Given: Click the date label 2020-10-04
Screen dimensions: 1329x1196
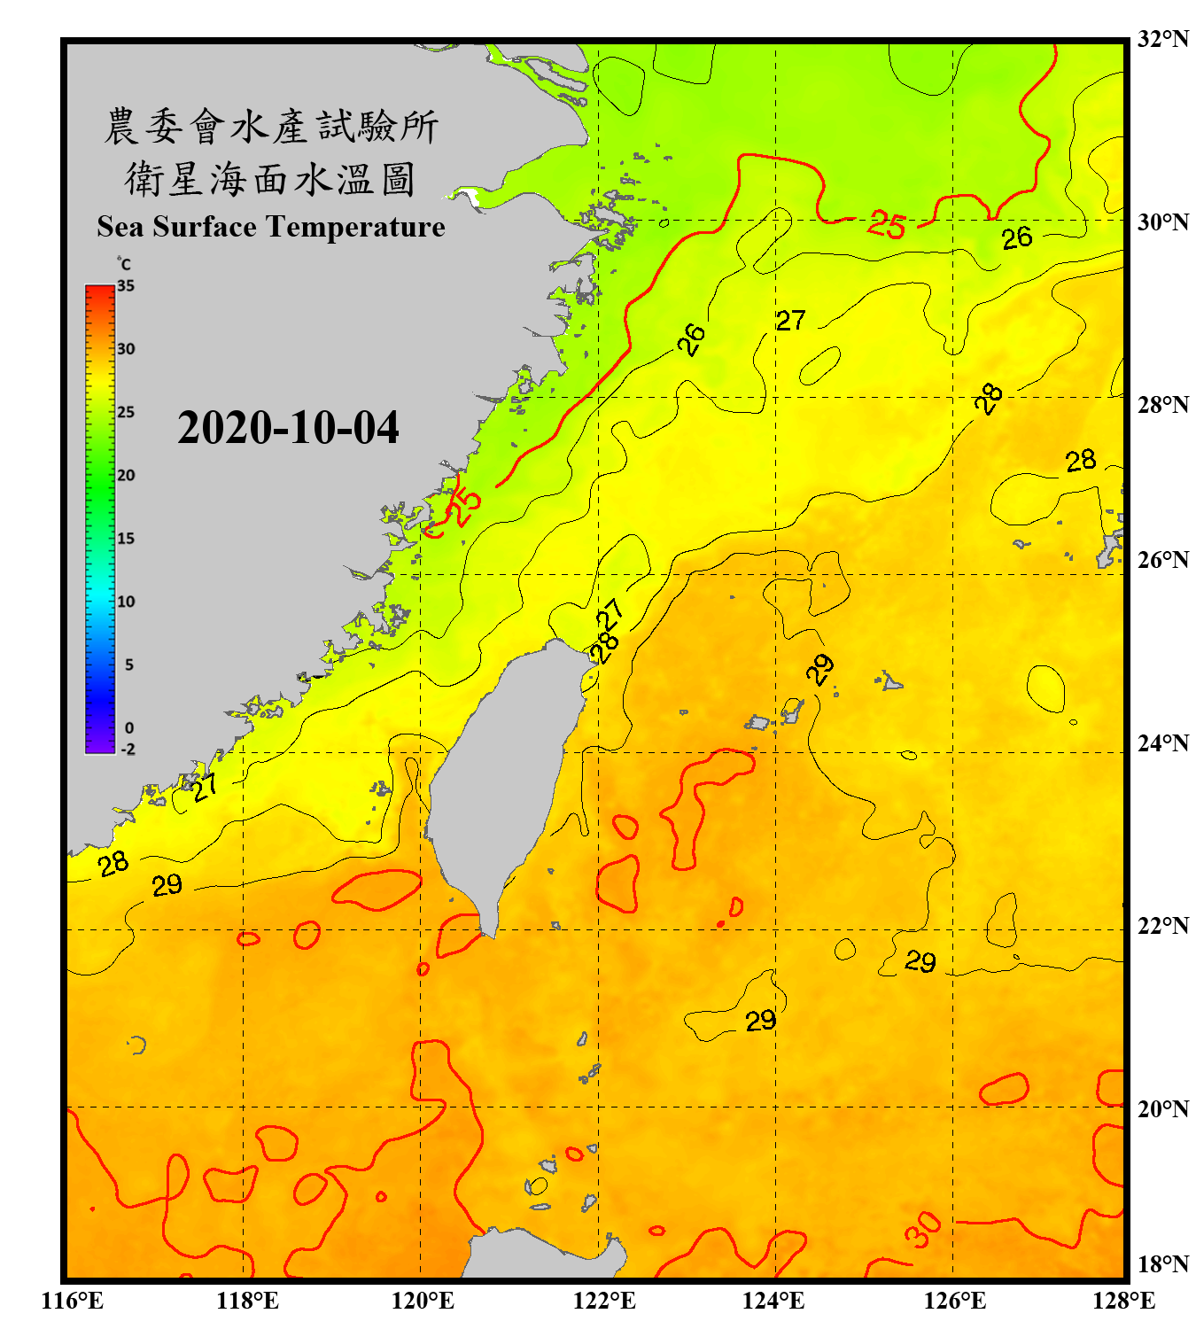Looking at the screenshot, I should (288, 428).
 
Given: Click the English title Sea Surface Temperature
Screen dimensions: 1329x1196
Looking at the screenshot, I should (271, 227).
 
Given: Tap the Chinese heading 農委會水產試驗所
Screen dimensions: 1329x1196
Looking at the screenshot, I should (271, 126).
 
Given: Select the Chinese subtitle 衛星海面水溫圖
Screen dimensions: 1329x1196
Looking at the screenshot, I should (271, 179).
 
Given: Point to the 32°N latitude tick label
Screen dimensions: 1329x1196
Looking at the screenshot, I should (1162, 39).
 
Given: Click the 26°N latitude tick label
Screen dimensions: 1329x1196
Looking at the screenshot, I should (1162, 560).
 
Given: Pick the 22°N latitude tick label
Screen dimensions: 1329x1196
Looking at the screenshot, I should (1162, 926).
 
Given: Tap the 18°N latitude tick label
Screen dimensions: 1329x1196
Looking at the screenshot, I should (1162, 1264).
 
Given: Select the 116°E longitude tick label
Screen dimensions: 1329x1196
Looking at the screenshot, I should (73, 1301).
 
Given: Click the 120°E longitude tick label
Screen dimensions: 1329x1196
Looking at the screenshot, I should (423, 1301).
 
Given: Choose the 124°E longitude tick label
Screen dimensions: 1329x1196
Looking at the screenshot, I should (773, 1301).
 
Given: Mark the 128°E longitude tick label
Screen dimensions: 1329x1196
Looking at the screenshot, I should (1123, 1301).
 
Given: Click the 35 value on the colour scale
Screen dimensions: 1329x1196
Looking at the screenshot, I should (126, 286).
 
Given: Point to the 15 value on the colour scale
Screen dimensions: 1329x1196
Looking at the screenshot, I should (126, 539).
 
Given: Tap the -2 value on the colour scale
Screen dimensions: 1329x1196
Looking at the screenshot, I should (128, 749).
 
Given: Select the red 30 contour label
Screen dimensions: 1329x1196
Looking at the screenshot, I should (922, 1230).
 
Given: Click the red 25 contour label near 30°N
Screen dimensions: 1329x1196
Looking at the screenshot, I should (886, 225).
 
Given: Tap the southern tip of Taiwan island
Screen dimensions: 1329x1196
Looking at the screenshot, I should (488, 934).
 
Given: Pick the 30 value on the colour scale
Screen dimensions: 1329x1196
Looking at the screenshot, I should (126, 349).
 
